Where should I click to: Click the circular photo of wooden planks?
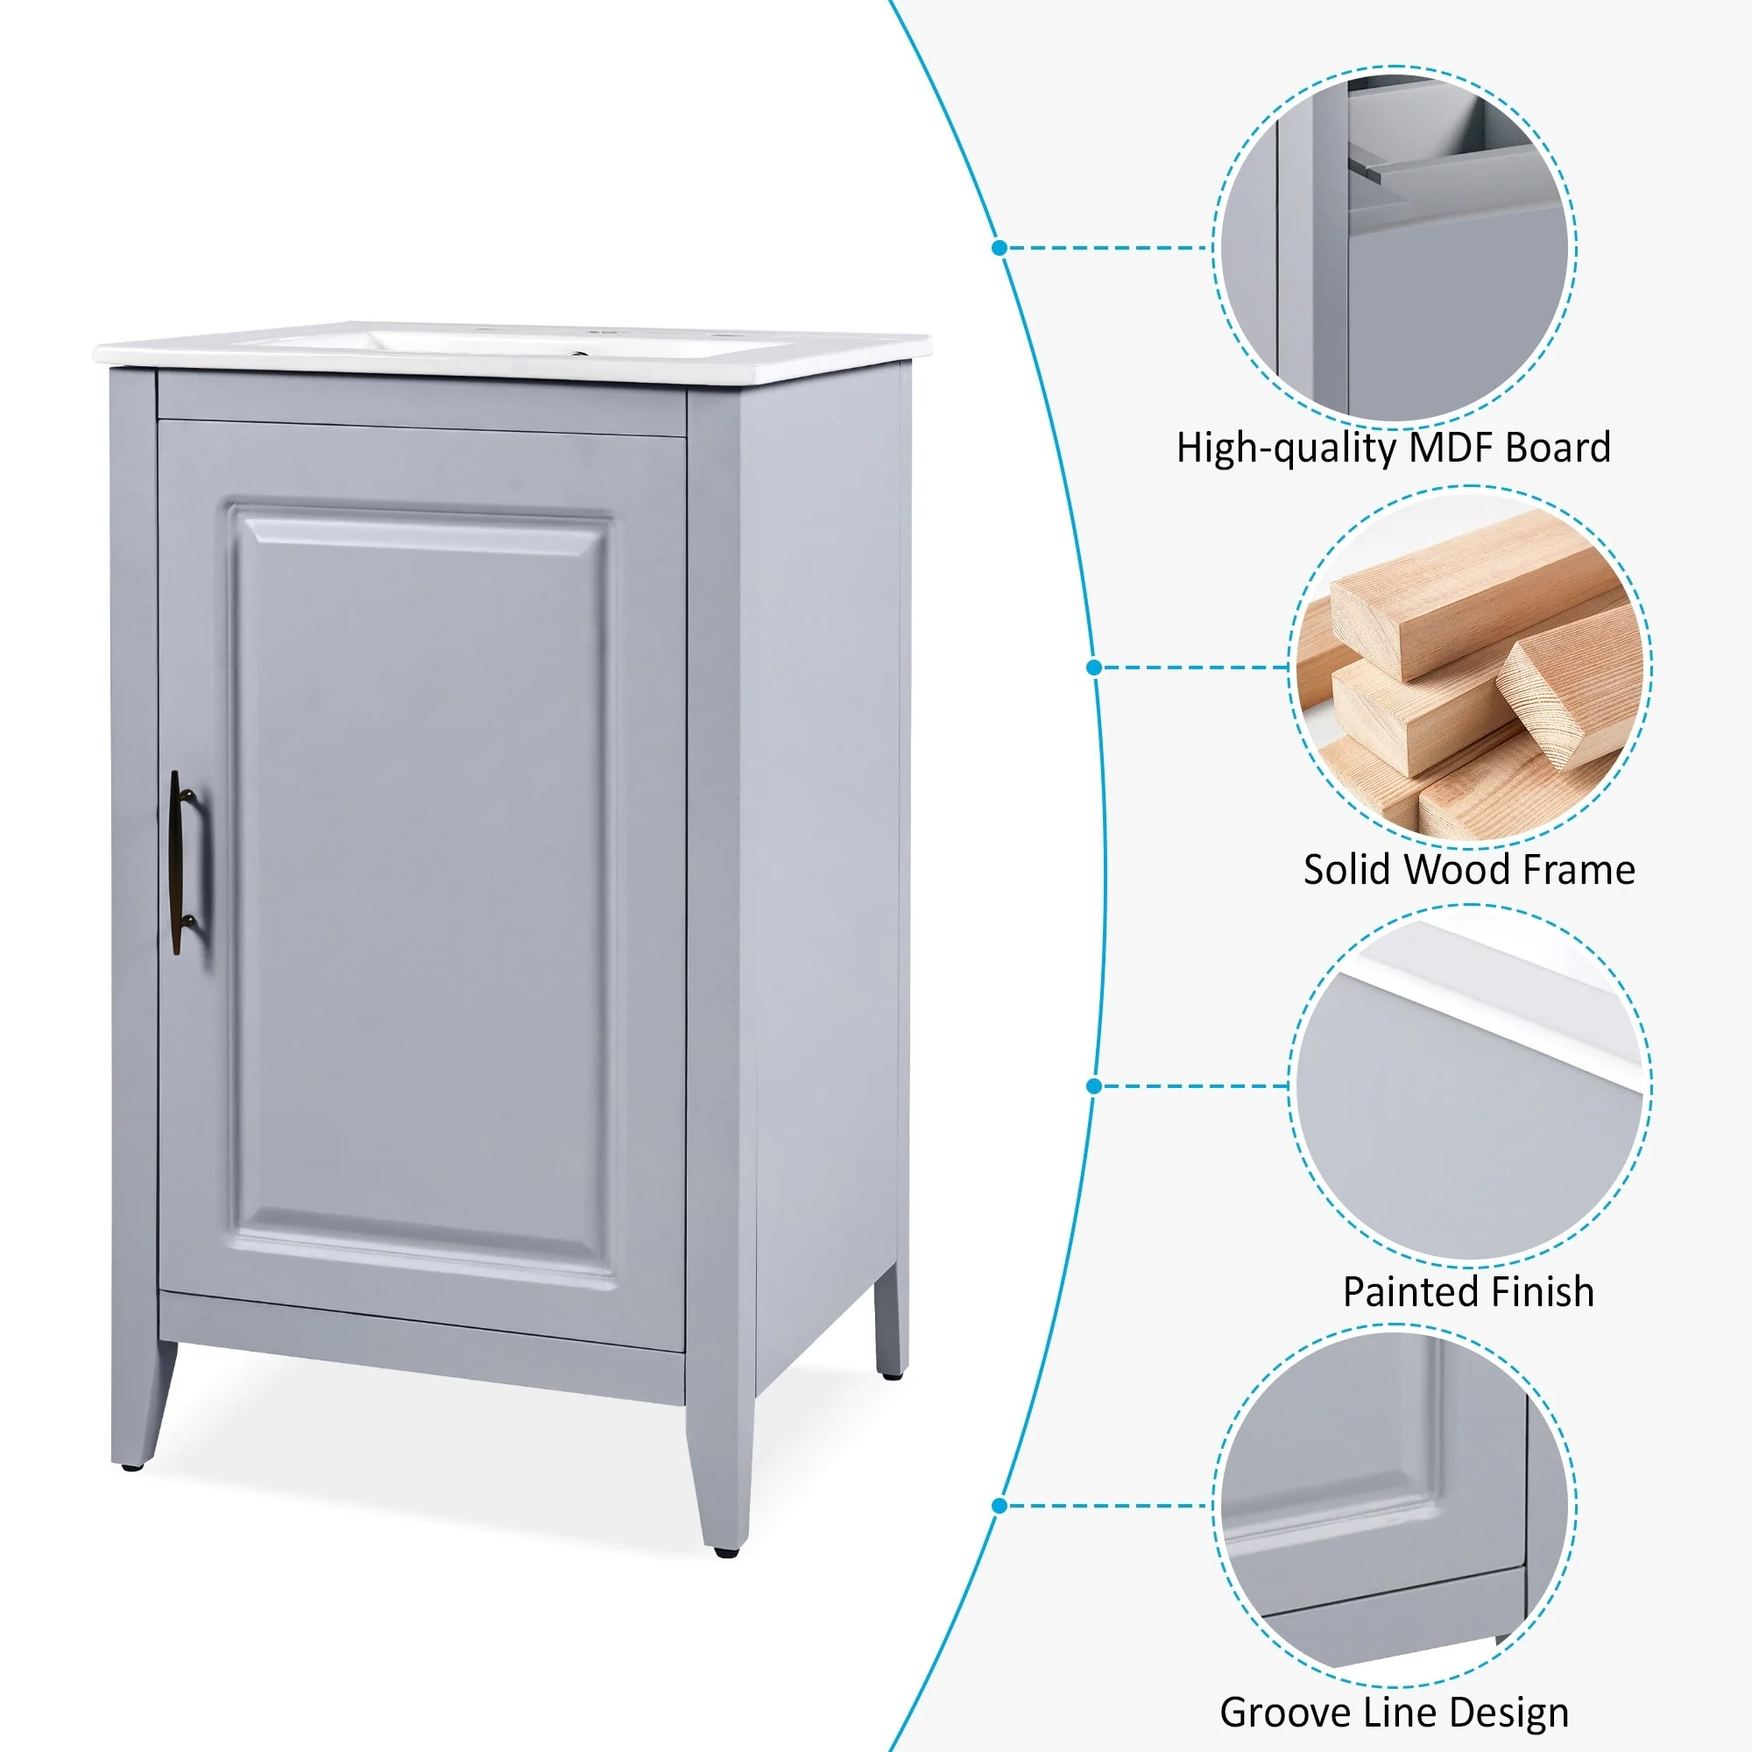click(1470, 668)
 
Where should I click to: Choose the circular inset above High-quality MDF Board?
click(1394, 247)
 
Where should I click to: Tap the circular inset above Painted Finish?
click(1470, 1085)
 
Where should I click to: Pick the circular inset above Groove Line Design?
click(1394, 1506)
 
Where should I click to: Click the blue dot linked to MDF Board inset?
click(1000, 247)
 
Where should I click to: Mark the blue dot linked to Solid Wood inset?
click(1093, 668)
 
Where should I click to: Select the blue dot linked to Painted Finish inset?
click(1093, 1085)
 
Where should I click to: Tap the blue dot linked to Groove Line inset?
click(1000, 1506)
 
